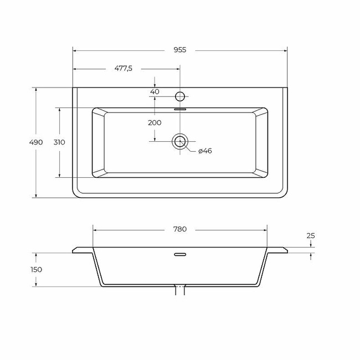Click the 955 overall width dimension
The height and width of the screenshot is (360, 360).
[x=180, y=50]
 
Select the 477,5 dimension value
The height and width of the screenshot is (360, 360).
[x=124, y=68]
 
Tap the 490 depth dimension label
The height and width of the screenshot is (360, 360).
[x=36, y=142]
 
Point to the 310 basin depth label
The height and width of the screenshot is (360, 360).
[x=59, y=142]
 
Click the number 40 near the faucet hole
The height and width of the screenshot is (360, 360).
[x=155, y=91]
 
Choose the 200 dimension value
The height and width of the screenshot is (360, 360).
[x=155, y=122]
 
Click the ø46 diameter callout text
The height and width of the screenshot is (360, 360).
[x=205, y=151]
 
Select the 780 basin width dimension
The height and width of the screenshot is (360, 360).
[x=180, y=229]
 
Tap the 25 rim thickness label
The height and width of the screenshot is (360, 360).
[x=311, y=235]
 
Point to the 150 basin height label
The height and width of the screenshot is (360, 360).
[x=36, y=269]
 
